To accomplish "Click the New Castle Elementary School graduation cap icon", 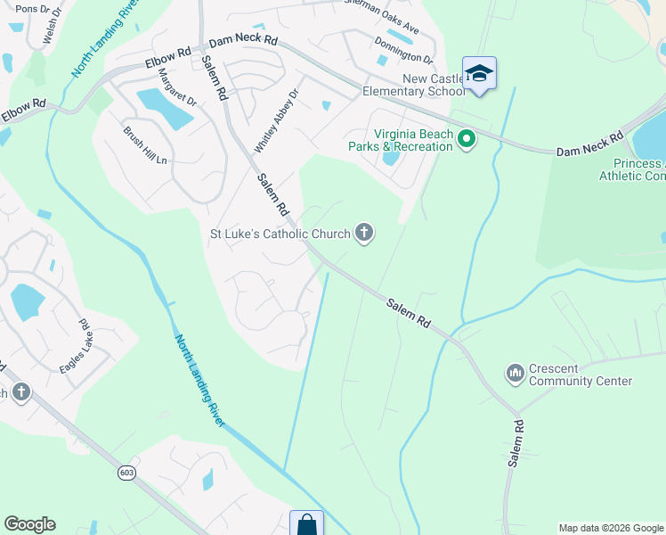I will coord(479,73).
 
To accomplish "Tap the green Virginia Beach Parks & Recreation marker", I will coord(466,140).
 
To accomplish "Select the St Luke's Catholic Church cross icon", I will coord(363,234).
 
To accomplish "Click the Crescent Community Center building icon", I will coord(515,374).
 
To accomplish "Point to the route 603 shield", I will coord(126,473).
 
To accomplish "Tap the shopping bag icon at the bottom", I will coord(306,524).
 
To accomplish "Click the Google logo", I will coord(29,524).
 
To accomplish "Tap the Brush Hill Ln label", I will coord(144,145).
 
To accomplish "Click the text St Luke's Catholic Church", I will coord(280,235).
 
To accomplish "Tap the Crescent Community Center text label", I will coord(581,374).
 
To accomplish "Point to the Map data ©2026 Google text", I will coord(610,528).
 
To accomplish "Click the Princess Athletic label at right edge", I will coord(638,169).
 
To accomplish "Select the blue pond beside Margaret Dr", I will coord(165,108).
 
